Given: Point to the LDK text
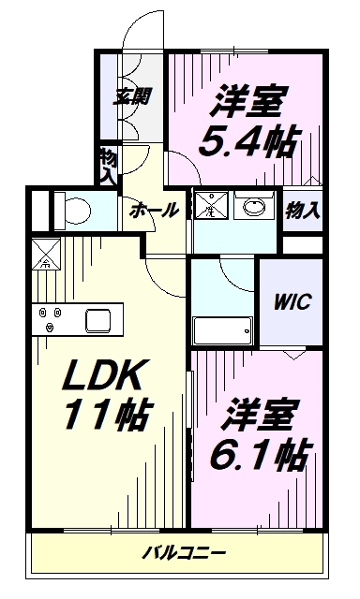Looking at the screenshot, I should point(104,377).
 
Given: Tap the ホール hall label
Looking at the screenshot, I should point(154,211).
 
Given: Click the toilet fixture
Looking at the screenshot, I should point(68,208).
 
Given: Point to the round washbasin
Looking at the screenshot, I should point(252,207).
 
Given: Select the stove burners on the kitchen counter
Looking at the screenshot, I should point(50,318).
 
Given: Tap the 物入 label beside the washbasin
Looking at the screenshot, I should point(303,210).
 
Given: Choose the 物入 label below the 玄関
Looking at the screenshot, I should point(107,165).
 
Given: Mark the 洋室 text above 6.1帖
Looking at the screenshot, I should point(258,411).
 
